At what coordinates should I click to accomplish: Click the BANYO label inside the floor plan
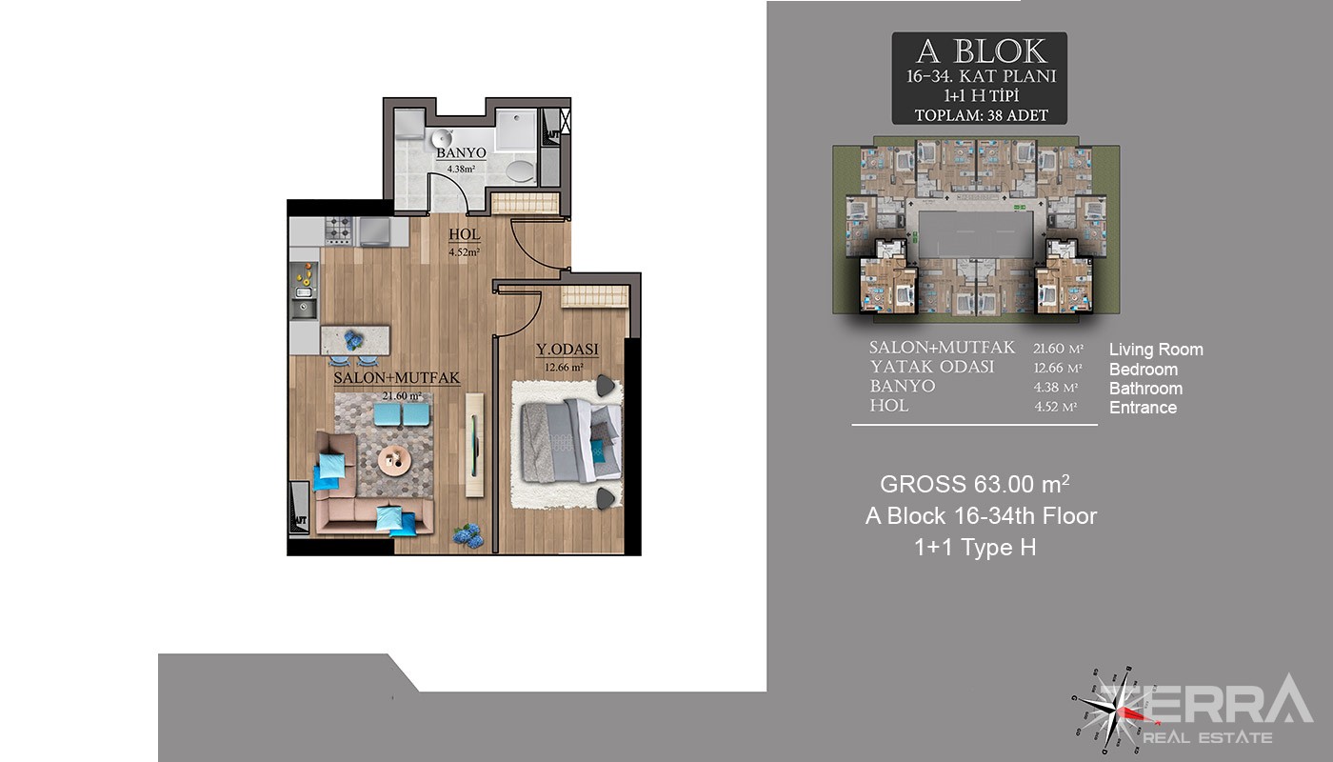coord(461,153)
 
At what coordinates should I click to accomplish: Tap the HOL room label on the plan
coord(465,234)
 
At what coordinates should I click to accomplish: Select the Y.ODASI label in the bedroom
coord(567,350)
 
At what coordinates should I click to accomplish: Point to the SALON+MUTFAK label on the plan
coord(397,378)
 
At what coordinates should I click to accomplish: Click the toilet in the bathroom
coord(521,170)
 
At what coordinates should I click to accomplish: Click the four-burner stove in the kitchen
coord(339,231)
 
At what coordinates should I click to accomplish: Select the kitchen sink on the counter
coord(304,309)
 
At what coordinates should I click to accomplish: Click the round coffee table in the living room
coord(394,460)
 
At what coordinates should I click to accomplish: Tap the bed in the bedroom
coord(570,440)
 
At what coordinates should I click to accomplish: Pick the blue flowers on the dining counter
coord(354,341)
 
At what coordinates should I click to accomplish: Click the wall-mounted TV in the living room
coord(474,446)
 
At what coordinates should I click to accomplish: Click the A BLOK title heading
coord(980,51)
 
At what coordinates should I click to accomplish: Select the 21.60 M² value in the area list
coord(1059,349)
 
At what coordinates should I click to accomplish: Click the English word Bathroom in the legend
coord(1145,389)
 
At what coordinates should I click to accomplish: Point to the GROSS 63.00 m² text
coord(975,484)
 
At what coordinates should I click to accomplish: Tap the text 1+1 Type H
coord(975,547)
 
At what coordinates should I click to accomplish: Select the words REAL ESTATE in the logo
coord(1207,737)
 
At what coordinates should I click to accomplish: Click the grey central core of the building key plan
coord(976,234)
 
